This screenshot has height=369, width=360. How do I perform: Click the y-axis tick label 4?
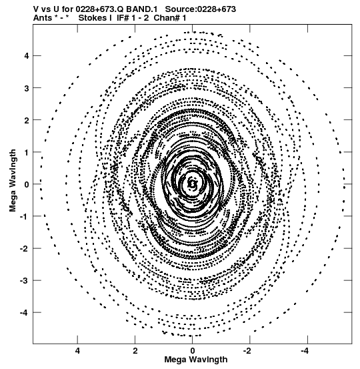point(26,56)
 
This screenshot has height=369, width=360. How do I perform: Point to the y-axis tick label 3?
point(26,88)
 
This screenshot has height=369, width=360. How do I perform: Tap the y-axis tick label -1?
point(24,217)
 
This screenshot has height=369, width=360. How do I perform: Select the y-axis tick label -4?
point(24,313)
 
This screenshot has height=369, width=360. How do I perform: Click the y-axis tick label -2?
point(24,249)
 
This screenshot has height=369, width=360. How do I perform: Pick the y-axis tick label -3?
point(24,281)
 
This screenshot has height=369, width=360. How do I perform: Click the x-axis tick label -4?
point(305,351)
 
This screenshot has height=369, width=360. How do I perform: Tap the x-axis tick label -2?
point(248,351)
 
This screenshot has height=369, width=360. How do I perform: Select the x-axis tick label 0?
point(193,351)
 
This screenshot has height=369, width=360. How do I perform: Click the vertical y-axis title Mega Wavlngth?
point(13,181)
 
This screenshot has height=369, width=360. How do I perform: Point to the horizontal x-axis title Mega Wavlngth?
point(196,360)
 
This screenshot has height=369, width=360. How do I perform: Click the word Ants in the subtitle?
point(43,18)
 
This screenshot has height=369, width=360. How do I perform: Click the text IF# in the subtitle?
point(123,18)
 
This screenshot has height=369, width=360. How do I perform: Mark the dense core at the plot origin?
point(193,183)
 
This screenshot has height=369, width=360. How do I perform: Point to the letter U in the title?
point(57,9)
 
